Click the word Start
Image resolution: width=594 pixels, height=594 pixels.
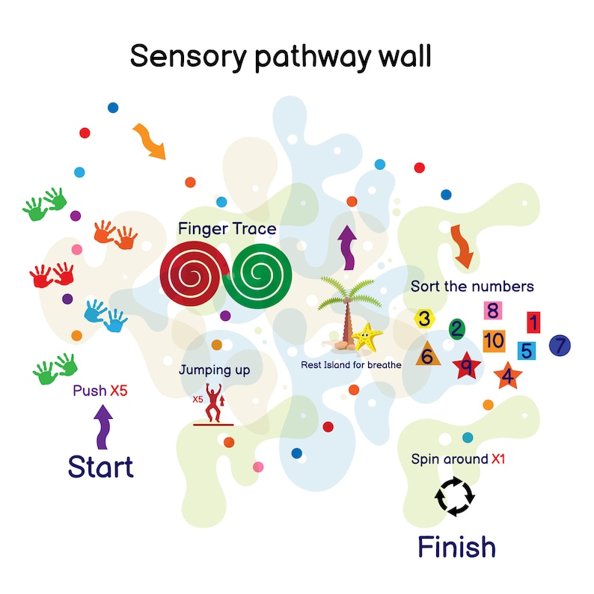pyautogui.click(x=100, y=466)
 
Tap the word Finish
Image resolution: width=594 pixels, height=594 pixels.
pyautogui.click(x=456, y=547)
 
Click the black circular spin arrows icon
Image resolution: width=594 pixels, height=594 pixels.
pyautogui.click(x=455, y=496)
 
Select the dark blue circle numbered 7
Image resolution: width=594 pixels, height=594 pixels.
pyautogui.click(x=560, y=346)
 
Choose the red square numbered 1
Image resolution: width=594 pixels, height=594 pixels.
pyautogui.click(x=533, y=322)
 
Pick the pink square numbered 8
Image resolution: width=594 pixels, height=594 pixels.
pyautogui.click(x=492, y=310)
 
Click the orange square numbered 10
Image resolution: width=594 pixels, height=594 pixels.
pyautogui.click(x=494, y=341)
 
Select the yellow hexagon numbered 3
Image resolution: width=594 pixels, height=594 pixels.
pyautogui.click(x=425, y=319)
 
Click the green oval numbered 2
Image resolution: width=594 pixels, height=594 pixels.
pyautogui.click(x=456, y=328)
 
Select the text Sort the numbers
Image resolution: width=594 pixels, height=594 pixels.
pyautogui.click(x=472, y=287)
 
